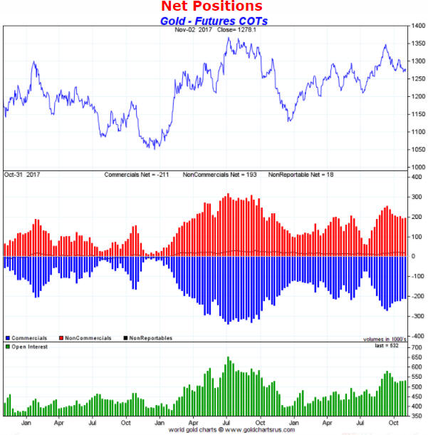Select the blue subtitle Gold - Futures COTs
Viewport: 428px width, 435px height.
[x=213, y=21]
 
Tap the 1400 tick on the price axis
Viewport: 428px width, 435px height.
[x=417, y=26]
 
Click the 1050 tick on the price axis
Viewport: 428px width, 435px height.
[x=417, y=150]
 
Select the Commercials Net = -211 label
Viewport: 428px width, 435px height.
[x=140, y=174]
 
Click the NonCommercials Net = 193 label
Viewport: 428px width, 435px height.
[x=221, y=174]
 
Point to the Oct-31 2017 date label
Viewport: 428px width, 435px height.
[x=24, y=174]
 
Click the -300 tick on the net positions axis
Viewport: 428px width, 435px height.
[x=416, y=316]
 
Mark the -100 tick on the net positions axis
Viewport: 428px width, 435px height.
[x=416, y=276]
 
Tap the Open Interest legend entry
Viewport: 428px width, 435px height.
[x=28, y=347]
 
